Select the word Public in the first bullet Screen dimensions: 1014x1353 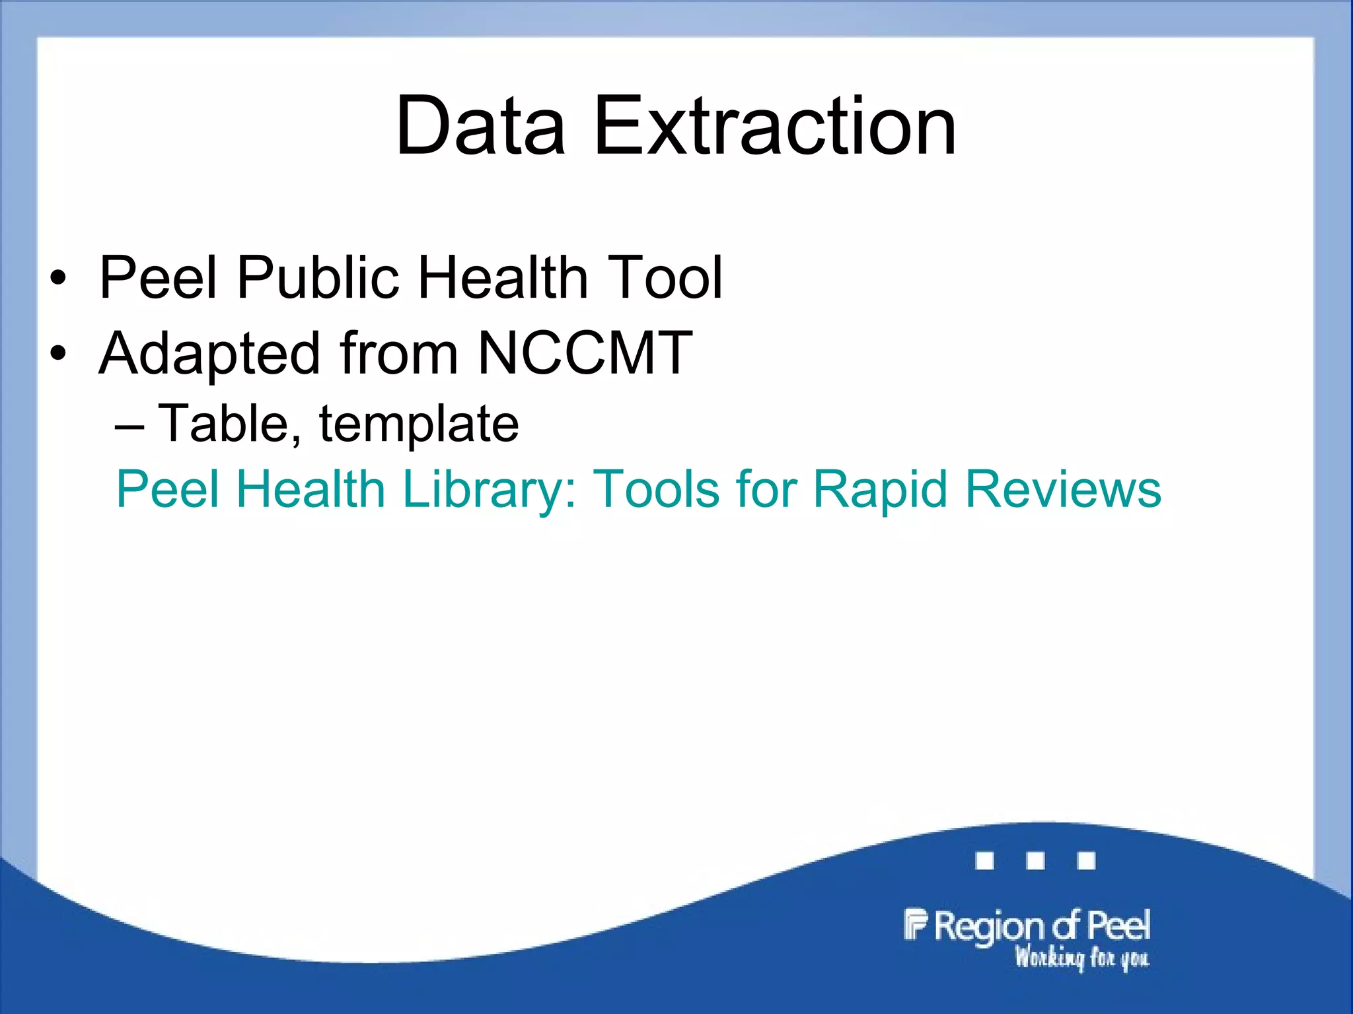tap(318, 277)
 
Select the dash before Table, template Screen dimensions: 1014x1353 tap(129, 426)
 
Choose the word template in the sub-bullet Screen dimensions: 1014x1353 tap(419, 424)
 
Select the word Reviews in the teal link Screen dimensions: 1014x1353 tap(1063, 490)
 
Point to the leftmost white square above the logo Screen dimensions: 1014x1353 tap(984, 861)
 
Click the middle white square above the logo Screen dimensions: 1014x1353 tap(1035, 861)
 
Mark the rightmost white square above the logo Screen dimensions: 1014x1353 tap(1086, 861)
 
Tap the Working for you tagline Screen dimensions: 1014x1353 tap(1082, 957)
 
